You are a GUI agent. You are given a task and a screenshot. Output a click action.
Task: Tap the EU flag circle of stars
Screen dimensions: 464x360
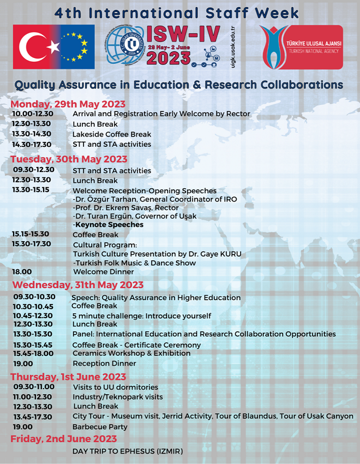[75, 47]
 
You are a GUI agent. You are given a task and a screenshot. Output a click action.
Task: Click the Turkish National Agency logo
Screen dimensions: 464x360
[301, 47]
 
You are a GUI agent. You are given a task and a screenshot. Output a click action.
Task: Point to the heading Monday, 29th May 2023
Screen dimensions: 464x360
[68, 104]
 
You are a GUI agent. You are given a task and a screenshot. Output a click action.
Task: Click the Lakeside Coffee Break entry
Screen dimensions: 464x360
[112, 134]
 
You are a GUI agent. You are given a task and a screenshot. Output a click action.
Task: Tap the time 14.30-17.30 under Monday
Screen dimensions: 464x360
[32, 144]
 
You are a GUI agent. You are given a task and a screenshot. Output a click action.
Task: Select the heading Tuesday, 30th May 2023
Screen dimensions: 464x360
[69, 159]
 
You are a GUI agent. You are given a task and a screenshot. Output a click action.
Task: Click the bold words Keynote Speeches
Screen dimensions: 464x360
[109, 224]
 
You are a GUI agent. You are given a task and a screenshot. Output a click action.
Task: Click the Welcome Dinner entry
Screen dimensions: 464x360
[104, 271]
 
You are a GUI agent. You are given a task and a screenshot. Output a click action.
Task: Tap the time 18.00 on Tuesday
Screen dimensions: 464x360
[22, 271]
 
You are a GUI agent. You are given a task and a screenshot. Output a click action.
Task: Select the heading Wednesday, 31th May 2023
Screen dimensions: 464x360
[77, 285]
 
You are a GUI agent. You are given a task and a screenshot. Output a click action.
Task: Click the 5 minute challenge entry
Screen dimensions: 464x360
[141, 316]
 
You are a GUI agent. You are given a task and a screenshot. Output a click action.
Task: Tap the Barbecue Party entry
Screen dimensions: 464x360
[100, 427]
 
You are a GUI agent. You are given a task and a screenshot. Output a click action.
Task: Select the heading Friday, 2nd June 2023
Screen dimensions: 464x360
[63, 439]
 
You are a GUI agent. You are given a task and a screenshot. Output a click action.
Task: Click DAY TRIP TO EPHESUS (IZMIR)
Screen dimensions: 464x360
[128, 451]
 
